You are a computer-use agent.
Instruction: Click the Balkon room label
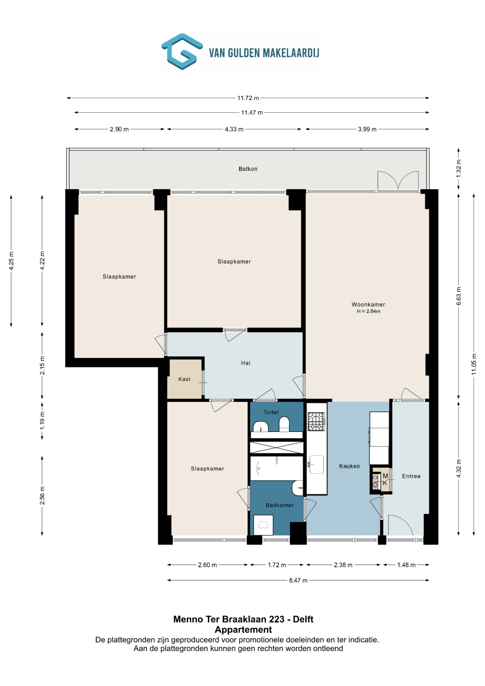[248, 169]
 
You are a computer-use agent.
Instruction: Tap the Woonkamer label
[368, 304]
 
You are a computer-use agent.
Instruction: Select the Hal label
[246, 363]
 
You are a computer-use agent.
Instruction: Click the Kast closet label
[184, 379]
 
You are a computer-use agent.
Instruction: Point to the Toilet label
[271, 412]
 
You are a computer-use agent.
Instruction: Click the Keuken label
[349, 466]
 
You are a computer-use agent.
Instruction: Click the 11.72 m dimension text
[248, 98]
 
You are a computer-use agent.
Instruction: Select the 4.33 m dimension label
[234, 129]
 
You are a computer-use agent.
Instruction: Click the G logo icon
[182, 51]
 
